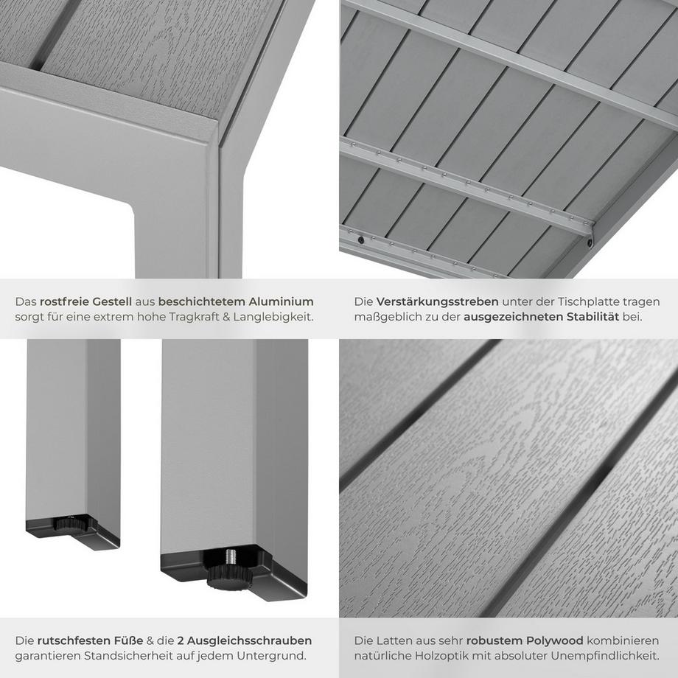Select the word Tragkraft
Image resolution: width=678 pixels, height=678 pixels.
coord(194,317)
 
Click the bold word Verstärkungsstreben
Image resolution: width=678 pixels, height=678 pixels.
coord(437,301)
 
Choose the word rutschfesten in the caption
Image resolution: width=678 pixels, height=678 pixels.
coord(71,640)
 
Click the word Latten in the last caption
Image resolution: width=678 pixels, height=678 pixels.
coord(394,640)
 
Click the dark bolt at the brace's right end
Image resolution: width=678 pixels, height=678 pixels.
coord(590,241)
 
